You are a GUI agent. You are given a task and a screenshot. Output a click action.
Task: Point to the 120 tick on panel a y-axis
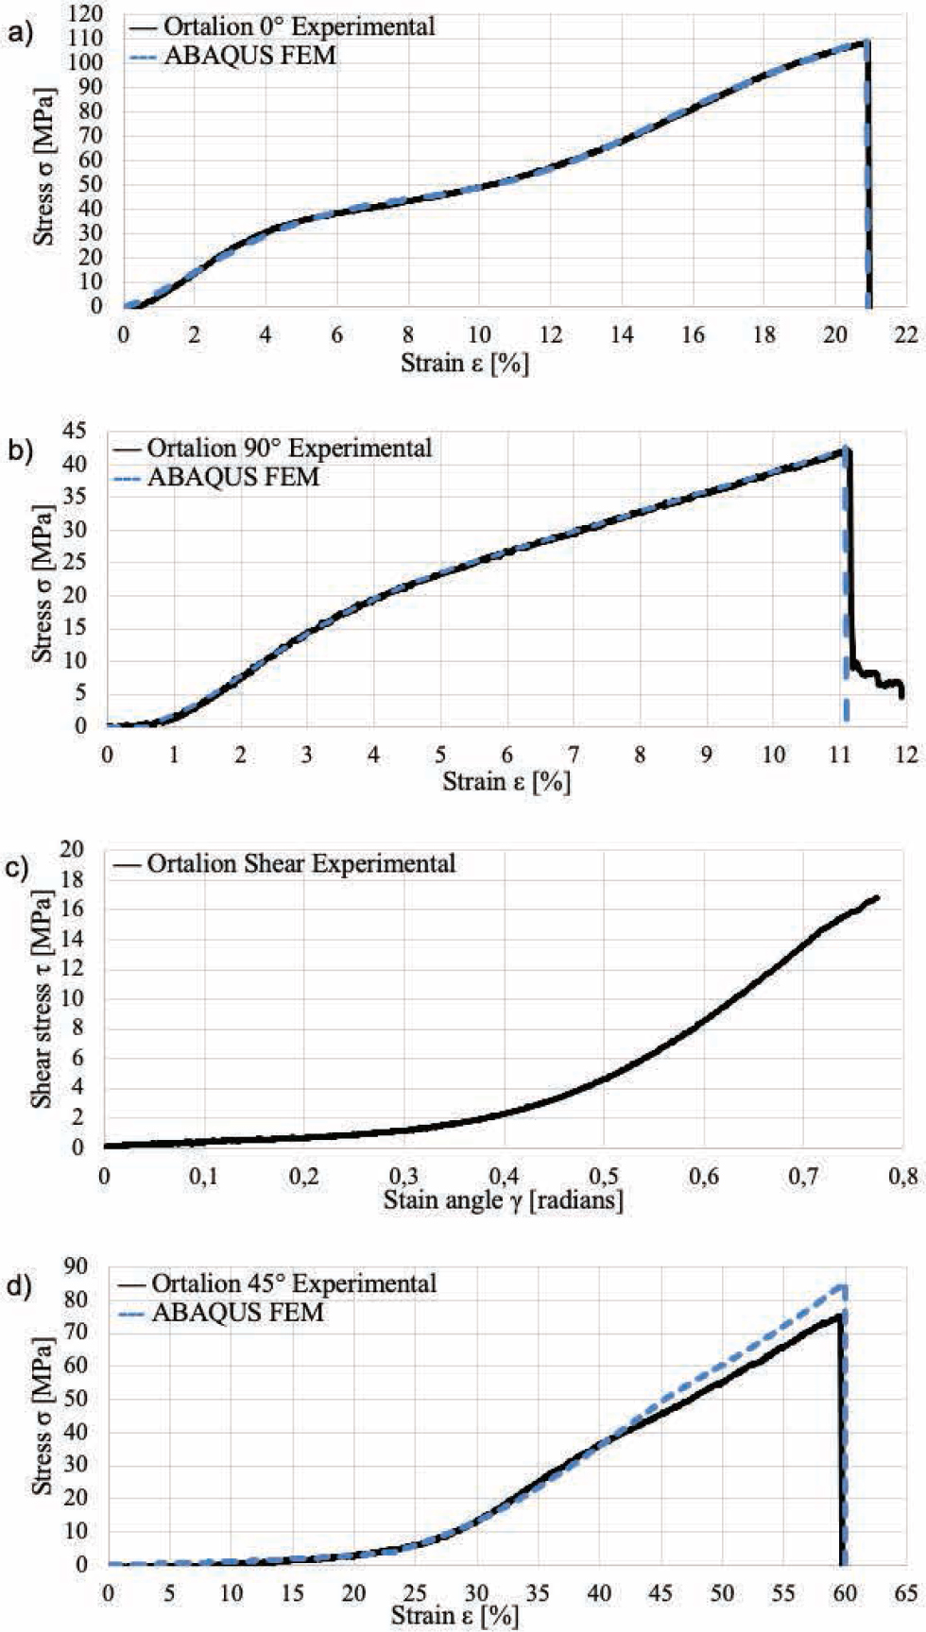tap(86, 13)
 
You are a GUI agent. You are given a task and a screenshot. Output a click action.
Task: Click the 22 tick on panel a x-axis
tap(906, 334)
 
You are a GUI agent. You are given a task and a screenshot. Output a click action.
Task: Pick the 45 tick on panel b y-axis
tap(74, 431)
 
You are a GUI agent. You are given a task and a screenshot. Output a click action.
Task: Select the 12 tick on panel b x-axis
tap(905, 754)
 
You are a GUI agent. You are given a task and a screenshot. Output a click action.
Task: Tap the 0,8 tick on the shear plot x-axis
tap(903, 1176)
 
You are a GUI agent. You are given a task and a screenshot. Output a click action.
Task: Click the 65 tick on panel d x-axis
tap(905, 1593)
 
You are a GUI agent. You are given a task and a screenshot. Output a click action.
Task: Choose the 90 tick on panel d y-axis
tap(74, 1266)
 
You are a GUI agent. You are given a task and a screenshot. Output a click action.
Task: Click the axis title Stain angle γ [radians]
tap(503, 1200)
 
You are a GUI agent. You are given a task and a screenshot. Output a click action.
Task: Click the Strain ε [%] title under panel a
tap(464, 363)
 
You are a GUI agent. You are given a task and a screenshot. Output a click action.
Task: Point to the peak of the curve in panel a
tap(866, 42)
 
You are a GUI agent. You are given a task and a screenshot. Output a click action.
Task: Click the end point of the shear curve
tap(878, 897)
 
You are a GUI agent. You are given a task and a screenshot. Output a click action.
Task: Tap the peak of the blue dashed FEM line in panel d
tap(843, 1285)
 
